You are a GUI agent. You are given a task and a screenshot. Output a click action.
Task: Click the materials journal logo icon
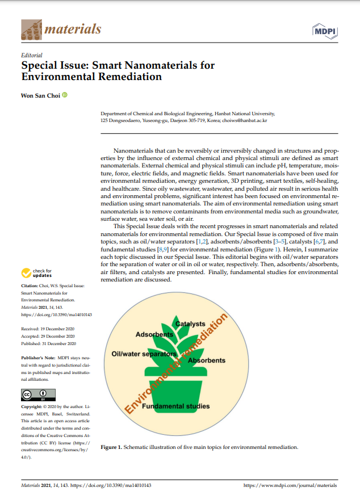(31, 30)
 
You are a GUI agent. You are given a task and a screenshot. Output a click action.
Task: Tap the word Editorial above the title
(31, 56)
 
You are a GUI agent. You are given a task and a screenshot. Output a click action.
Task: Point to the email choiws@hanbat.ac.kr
(247, 121)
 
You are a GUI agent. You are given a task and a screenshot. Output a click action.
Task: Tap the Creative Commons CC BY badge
(38, 394)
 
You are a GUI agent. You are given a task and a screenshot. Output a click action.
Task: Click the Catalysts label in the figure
(190, 324)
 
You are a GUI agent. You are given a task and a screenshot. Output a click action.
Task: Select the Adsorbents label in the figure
(154, 335)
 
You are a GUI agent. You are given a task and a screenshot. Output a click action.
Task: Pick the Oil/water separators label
(143, 354)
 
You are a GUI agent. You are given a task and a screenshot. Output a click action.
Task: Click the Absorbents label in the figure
(207, 360)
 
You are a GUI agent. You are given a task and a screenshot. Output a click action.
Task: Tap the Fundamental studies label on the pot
(175, 406)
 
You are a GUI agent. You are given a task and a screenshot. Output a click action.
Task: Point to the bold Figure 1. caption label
(111, 447)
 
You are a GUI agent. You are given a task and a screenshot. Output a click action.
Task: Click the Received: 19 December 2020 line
(48, 328)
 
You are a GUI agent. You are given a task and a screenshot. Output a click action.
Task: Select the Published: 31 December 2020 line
(48, 343)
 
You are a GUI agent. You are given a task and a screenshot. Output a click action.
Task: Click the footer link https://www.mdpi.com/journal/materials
(290, 486)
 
